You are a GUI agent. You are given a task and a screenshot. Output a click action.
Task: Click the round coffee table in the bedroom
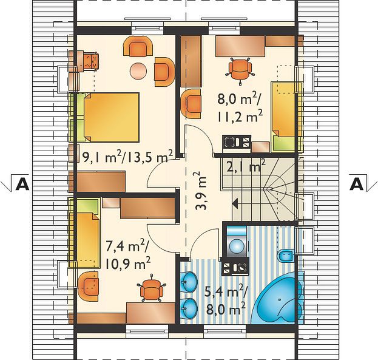[x=138, y=70]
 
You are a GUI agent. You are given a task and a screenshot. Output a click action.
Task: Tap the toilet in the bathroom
[x=286, y=256]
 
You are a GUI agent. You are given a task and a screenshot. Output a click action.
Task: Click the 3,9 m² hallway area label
[x=201, y=191]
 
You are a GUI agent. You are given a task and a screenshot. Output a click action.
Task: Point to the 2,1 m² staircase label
[x=246, y=166]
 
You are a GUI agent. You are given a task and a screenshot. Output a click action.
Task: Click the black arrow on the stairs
[x=235, y=204]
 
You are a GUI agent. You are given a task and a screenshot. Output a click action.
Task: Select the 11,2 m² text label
[x=240, y=117]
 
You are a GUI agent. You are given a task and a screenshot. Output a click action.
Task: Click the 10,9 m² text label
[x=128, y=263]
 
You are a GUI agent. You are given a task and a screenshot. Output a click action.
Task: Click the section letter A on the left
[x=22, y=185]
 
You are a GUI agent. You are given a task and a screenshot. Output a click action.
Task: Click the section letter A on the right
[x=357, y=185]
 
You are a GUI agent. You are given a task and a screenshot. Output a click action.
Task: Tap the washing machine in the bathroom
[x=237, y=241]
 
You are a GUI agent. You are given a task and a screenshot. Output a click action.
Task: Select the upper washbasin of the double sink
[x=189, y=282]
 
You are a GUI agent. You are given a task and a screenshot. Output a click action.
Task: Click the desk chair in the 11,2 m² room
[x=240, y=70]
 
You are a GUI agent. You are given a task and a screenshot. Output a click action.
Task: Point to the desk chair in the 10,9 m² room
[x=152, y=288]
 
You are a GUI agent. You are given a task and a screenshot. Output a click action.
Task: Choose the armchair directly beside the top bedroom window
[x=138, y=47]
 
